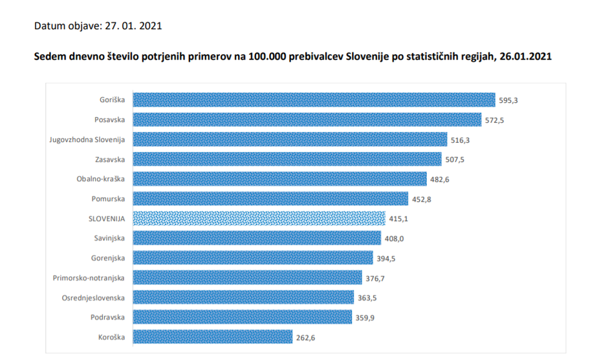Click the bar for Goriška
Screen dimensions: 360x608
point(314,100)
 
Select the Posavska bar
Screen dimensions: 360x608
point(307,120)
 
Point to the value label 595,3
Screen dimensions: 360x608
point(509,100)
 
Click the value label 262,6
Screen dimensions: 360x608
point(309,337)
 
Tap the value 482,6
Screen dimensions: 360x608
point(439,179)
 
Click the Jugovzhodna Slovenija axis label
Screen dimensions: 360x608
point(87,140)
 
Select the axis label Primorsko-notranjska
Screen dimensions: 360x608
point(89,278)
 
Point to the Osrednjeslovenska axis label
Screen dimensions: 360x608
point(93,298)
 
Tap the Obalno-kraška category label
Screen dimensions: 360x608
point(100,179)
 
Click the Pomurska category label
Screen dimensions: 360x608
point(108,198)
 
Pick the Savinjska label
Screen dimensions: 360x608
point(109,238)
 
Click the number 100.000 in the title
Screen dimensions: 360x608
point(268,57)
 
